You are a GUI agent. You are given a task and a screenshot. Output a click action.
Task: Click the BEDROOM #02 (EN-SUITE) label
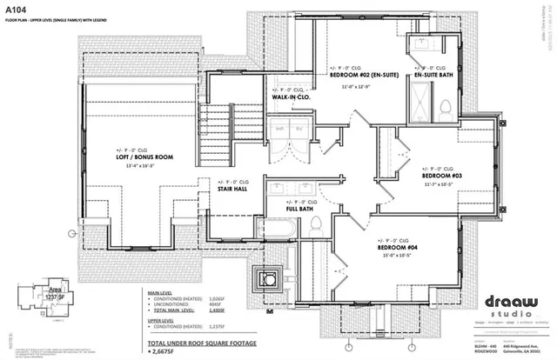point(366,75)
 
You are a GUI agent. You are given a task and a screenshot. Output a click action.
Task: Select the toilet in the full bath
point(317,224)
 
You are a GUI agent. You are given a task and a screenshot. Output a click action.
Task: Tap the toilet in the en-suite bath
point(445,108)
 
